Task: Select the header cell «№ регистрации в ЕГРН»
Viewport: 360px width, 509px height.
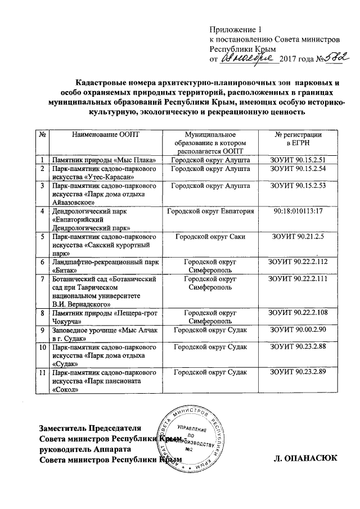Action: (x=298, y=139)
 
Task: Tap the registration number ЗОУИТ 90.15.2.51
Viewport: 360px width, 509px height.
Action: (x=298, y=160)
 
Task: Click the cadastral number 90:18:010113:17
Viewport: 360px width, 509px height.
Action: (x=298, y=211)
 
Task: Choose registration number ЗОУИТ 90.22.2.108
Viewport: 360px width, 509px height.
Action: (x=298, y=312)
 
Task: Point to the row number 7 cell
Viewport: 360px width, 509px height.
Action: (x=43, y=280)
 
